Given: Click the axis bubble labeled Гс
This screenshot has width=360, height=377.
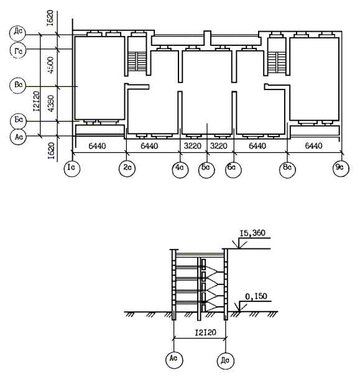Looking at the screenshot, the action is [18, 50].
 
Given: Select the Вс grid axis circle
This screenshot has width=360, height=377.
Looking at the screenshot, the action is [18, 86].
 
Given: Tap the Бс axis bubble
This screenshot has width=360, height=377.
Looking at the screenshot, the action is [18, 120].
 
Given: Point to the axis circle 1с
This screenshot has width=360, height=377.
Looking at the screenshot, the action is [72, 168].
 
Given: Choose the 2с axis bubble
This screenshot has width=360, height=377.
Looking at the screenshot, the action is [127, 168].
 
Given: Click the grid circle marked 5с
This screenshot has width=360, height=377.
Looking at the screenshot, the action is [206, 170].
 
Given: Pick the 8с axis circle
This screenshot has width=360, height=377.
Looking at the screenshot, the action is [287, 170].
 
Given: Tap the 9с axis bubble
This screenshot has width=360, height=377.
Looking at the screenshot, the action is [341, 168].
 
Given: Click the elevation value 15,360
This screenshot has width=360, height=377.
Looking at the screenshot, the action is [252, 233].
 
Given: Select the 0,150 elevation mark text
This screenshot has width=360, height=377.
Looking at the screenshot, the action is [256, 296].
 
